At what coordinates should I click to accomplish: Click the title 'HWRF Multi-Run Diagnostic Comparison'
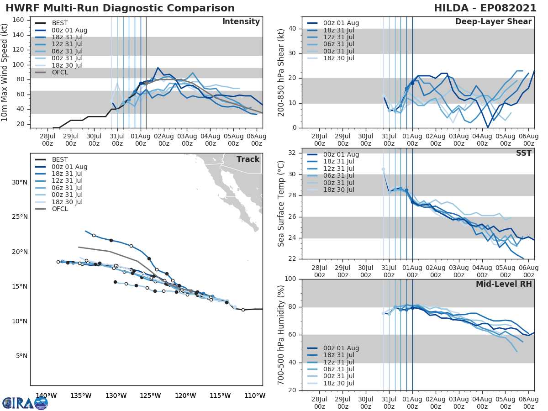pyautogui.click(x=120, y=8)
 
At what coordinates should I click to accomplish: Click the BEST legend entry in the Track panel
pyautogui.click(x=59, y=159)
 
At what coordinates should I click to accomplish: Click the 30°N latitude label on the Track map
pyautogui.click(x=20, y=182)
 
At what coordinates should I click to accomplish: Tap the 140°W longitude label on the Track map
pyautogui.click(x=46, y=395)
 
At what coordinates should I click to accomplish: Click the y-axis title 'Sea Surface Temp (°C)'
pyautogui.click(x=281, y=204)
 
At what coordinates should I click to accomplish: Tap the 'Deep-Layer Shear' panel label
pyautogui.click(x=493, y=22)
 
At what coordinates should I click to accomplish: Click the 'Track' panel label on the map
pyautogui.click(x=248, y=159)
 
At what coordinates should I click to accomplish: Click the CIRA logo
pyautogui.click(x=25, y=403)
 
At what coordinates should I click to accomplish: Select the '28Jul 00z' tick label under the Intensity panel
pyautogui.click(x=47, y=139)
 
